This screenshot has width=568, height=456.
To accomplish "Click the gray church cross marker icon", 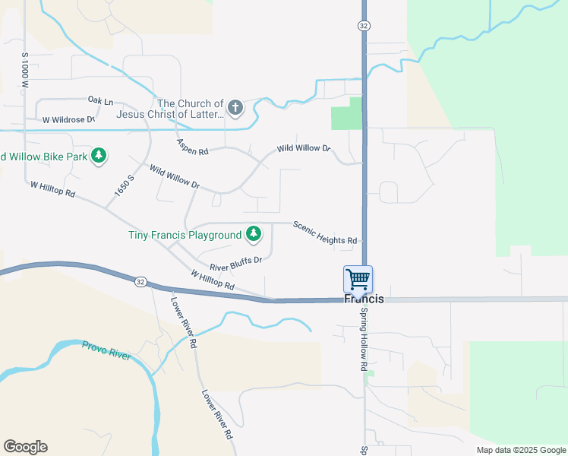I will (x=235, y=108).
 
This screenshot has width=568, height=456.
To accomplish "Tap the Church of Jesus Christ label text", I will (x=191, y=109).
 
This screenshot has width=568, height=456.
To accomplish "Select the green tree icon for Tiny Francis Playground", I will (x=254, y=235).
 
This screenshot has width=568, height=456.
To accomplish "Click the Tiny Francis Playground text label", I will (x=185, y=235).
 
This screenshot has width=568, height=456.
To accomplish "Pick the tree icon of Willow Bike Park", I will (x=98, y=157).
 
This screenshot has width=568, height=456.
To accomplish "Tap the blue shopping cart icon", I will (x=358, y=278).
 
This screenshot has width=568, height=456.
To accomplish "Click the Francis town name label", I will (x=364, y=299).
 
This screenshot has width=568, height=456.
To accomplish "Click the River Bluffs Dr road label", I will (x=235, y=264).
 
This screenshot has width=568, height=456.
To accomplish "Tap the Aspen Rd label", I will (x=192, y=147).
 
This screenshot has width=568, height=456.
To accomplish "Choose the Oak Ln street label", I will (x=100, y=100).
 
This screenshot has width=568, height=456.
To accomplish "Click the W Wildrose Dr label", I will (x=68, y=120).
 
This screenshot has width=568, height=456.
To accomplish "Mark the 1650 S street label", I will (x=124, y=186).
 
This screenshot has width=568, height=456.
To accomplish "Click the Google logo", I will (x=25, y=447).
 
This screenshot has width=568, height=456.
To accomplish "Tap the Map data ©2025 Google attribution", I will (x=520, y=450).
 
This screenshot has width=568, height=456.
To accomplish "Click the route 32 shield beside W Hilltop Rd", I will (x=140, y=282).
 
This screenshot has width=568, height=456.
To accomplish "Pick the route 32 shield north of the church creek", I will (x=364, y=26).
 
